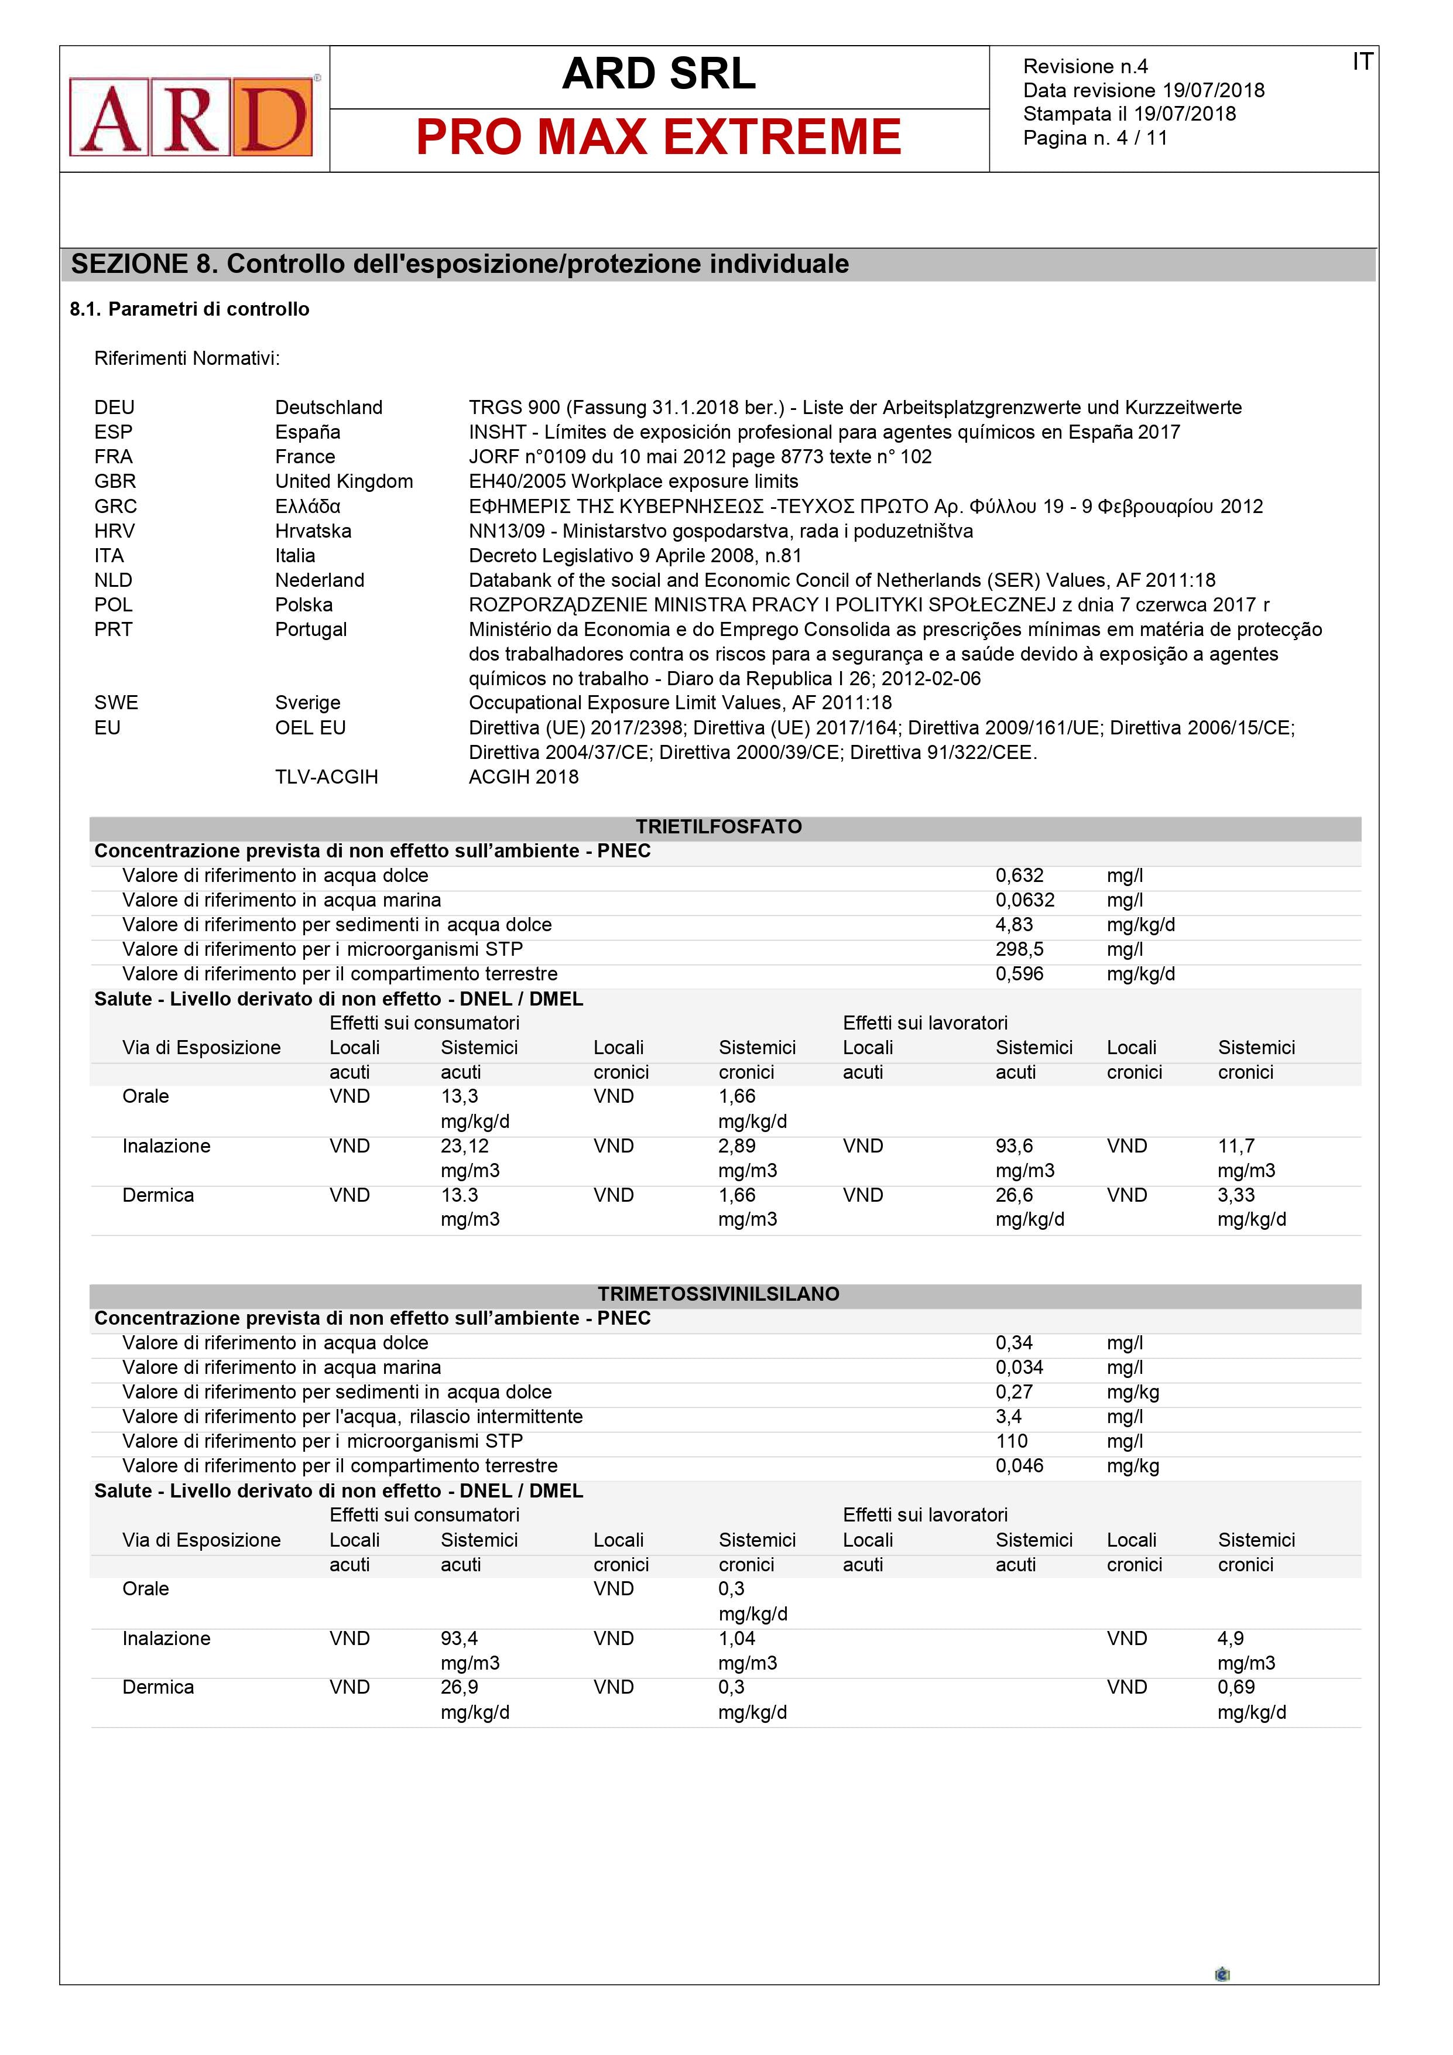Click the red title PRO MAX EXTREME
pos(659,138)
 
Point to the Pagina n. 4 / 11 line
pos(1095,138)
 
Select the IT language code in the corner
pos(1362,61)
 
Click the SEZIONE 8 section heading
pos(460,264)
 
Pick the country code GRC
pos(115,507)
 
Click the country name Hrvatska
pos(313,531)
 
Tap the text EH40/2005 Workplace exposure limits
pos(633,481)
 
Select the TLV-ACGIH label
pos(327,777)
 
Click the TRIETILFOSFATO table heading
pos(718,827)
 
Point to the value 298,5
pos(1019,949)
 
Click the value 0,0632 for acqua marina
pos(1024,900)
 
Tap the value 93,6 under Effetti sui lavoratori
pos(1014,1146)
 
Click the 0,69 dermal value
pos(1236,1687)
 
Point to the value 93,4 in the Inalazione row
pos(459,1638)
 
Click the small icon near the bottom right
pos(1222,1974)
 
